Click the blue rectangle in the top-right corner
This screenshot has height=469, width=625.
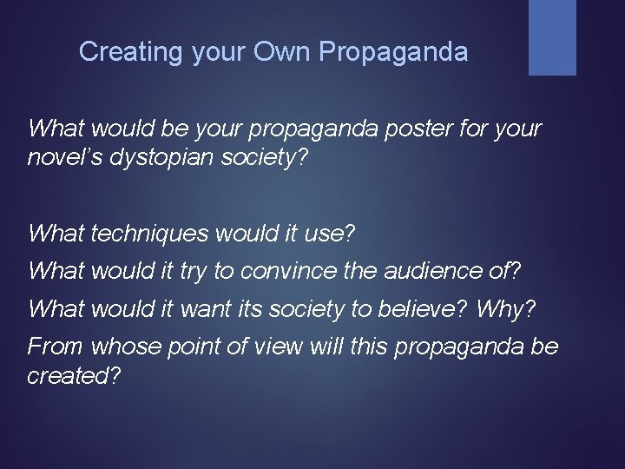tap(552, 36)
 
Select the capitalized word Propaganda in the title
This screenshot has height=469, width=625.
tap(393, 52)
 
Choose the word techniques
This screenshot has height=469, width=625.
tap(152, 234)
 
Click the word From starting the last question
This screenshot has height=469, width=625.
tap(56, 347)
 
